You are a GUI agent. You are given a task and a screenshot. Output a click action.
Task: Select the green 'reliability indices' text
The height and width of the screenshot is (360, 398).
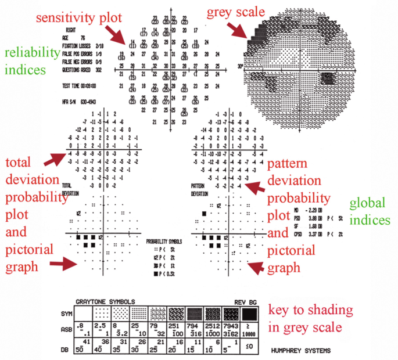pyautogui.click(x=26, y=61)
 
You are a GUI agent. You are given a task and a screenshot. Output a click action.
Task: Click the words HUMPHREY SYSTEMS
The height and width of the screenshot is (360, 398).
pyautogui.click(x=302, y=352)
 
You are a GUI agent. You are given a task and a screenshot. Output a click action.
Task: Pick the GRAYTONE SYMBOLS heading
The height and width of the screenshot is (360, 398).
pyautogui.click(x=105, y=302)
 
